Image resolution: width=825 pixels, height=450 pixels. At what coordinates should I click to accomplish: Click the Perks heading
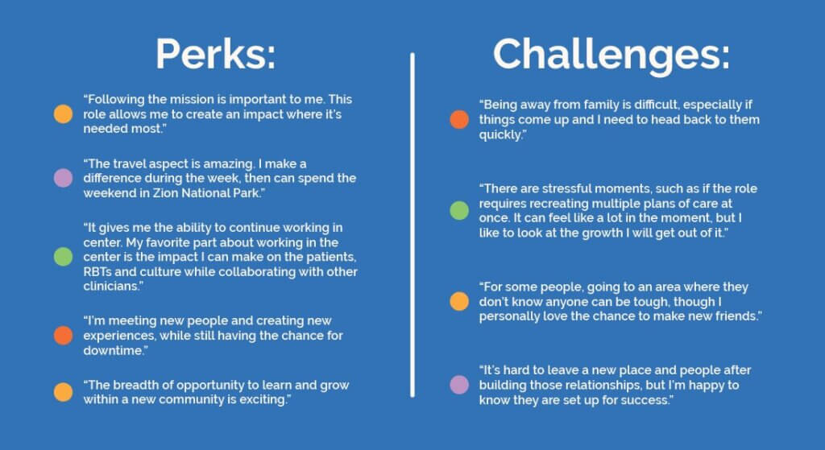tap(216, 54)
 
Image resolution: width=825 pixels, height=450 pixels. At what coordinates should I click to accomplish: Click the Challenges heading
tap(611, 55)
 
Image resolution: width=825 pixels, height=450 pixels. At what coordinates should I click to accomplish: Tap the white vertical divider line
tap(412, 225)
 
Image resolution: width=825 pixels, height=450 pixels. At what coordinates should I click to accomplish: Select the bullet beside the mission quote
tap(63, 114)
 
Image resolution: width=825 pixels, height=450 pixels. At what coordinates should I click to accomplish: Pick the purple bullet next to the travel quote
tap(63, 178)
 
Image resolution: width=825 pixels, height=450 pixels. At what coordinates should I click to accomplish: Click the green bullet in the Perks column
tap(63, 257)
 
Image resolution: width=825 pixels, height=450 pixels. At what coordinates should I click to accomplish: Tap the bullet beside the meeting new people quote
tap(63, 336)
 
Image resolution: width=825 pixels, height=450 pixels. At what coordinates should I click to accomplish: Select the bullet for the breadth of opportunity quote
tap(63, 392)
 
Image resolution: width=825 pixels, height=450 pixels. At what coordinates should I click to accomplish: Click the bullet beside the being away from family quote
tap(459, 119)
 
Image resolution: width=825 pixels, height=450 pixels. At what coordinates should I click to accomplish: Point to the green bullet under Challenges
tap(459, 211)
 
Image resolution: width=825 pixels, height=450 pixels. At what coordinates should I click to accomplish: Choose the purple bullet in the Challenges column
tap(459, 385)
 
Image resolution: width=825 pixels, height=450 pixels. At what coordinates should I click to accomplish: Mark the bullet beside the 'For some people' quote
tap(459, 301)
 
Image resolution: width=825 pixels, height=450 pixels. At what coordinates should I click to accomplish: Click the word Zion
tap(165, 193)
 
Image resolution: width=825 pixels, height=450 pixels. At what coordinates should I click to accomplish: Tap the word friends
tap(738, 316)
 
